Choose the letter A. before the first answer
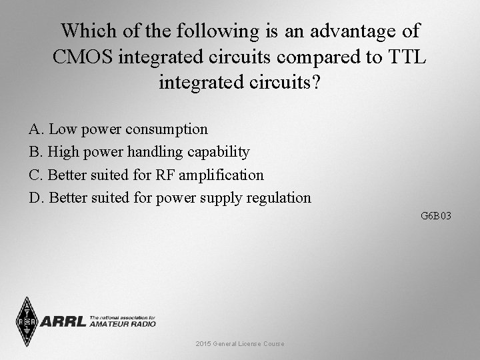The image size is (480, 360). (x=36, y=129)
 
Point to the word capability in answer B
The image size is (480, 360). (x=218, y=152)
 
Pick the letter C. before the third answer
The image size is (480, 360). (x=37, y=175)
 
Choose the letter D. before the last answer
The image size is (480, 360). (x=37, y=197)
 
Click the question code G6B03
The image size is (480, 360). (x=436, y=216)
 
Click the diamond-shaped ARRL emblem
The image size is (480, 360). (x=27, y=322)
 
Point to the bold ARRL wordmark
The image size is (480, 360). (x=63, y=322)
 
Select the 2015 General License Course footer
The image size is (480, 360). (x=239, y=343)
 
